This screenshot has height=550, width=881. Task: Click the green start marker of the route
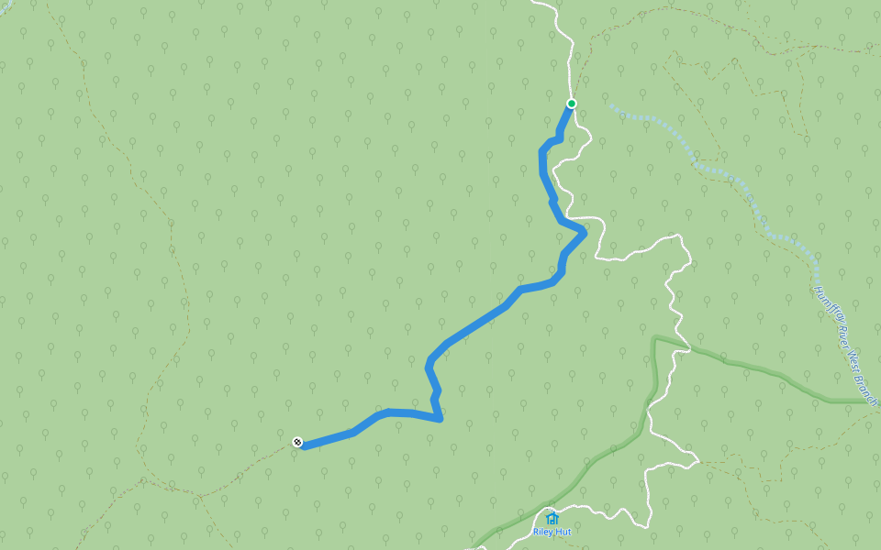click(x=571, y=104)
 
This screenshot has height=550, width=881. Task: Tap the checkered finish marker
click(x=297, y=442)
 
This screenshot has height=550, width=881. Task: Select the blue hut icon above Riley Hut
click(x=552, y=518)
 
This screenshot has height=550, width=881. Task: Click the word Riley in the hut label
click(x=541, y=532)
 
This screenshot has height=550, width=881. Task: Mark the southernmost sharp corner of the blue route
click(x=441, y=420)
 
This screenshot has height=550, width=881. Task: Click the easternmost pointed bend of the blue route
click(x=585, y=231)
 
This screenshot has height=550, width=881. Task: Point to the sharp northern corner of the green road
click(x=654, y=339)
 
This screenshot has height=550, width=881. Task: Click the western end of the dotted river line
click(x=609, y=105)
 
